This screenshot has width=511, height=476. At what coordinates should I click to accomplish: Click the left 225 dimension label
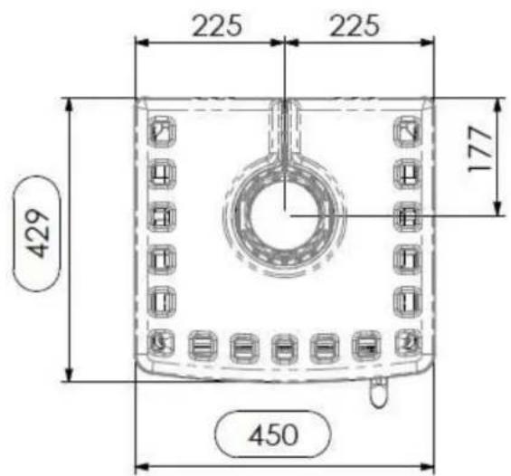(x=217, y=25)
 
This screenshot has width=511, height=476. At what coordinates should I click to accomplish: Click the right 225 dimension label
(x=355, y=25)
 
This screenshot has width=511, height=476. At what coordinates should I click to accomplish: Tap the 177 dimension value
(x=479, y=149)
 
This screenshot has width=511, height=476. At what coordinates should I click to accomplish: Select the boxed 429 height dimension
(x=37, y=233)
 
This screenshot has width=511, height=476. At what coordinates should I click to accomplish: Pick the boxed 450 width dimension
(x=273, y=434)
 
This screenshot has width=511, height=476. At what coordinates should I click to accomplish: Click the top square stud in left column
(x=162, y=131)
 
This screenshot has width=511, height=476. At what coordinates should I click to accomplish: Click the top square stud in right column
(x=408, y=131)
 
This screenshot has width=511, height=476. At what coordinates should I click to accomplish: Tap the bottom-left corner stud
(x=161, y=342)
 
